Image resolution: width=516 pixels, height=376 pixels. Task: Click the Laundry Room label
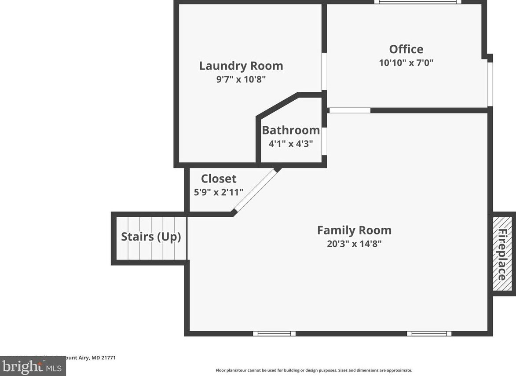click(241, 66)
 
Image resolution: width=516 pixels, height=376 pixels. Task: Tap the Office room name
click(406, 49)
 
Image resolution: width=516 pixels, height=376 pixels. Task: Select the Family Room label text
click(354, 230)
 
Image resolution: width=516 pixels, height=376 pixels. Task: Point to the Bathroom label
click(291, 130)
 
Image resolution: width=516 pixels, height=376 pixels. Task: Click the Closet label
click(219, 179)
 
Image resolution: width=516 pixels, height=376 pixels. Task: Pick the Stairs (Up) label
click(151, 237)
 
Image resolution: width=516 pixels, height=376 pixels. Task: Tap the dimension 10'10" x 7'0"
click(406, 63)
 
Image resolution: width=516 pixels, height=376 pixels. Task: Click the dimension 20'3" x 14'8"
click(354, 244)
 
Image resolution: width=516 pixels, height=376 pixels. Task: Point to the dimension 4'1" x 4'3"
click(291, 144)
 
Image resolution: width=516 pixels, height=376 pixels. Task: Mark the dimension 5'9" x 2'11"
click(219, 192)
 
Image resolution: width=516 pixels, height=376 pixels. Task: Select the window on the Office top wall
click(417, 2)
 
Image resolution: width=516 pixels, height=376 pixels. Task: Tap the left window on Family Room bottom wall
click(274, 333)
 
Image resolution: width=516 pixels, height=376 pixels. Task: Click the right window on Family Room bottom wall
click(429, 333)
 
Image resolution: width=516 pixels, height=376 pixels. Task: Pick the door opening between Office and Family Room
click(350, 110)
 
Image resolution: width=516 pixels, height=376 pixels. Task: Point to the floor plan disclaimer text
click(314, 370)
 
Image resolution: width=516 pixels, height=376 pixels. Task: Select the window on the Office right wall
click(490, 84)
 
